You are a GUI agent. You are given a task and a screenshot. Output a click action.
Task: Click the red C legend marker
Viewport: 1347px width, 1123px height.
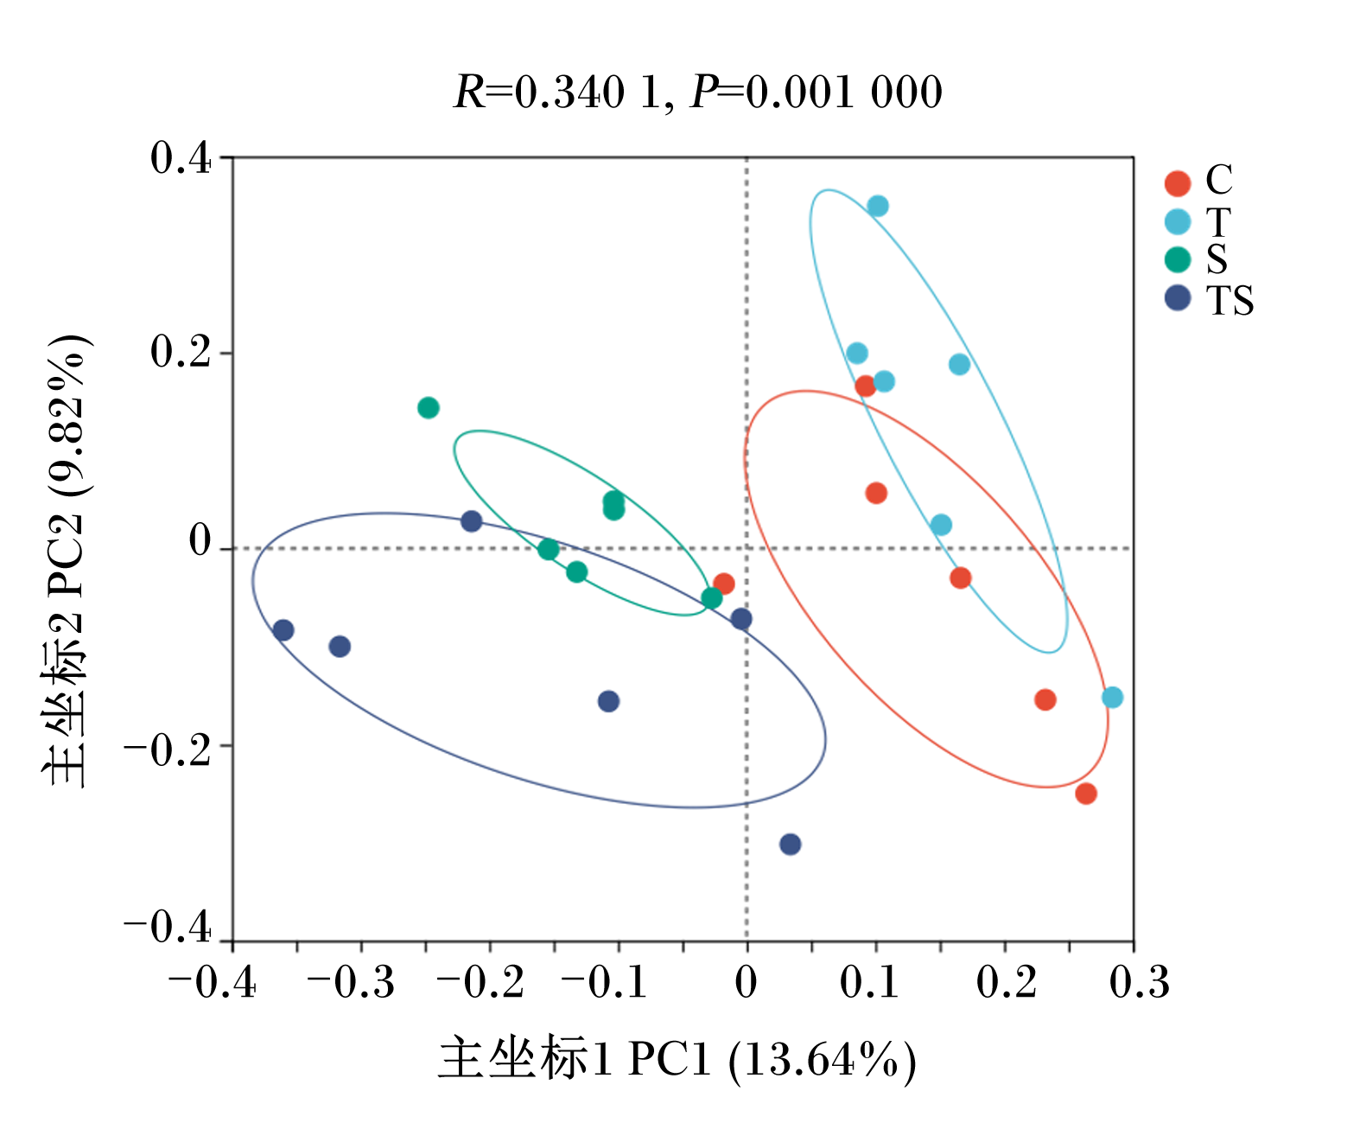[1178, 184]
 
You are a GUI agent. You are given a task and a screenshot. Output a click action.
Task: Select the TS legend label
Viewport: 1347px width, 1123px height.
[1229, 300]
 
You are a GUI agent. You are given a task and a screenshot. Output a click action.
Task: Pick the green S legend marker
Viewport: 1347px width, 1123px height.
[1178, 260]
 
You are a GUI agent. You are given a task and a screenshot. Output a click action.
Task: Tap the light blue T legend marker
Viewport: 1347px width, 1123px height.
[1178, 222]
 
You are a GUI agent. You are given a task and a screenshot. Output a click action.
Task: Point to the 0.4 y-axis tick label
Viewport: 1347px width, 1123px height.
[181, 157]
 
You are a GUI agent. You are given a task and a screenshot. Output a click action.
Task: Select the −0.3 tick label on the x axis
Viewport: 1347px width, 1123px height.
[350, 983]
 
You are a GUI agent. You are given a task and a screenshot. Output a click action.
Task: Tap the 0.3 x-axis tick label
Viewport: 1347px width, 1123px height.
[1140, 983]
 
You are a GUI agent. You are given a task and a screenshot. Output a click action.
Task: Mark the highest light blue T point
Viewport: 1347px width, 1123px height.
[877, 207]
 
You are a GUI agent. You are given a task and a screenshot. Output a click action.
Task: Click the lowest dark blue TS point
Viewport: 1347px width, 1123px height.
[791, 844]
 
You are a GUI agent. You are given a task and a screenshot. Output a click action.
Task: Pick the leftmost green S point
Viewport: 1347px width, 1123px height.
[429, 408]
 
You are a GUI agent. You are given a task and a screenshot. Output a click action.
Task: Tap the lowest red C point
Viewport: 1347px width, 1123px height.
[1086, 794]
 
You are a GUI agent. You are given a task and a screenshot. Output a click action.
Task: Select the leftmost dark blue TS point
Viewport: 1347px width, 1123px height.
[283, 630]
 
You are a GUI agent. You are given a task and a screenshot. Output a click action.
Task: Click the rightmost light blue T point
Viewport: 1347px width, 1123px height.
[1112, 697]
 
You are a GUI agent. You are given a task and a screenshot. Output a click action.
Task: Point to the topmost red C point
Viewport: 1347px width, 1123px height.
[865, 386]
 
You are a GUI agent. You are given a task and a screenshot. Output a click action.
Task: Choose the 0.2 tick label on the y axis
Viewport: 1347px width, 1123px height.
[181, 353]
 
